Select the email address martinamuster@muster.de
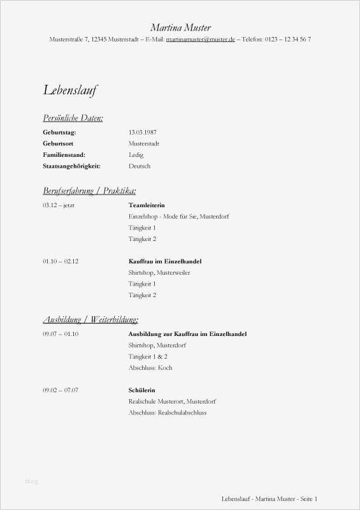pyautogui.click(x=200, y=40)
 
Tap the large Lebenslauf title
pyautogui.click(x=70, y=90)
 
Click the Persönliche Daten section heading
pyautogui.click(x=73, y=118)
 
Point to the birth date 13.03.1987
pyautogui.click(x=143, y=132)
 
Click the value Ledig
pyautogui.click(x=136, y=155)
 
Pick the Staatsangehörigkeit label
pyautogui.click(x=71, y=166)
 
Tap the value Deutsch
pyautogui.click(x=139, y=166)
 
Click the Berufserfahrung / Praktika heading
pyautogui.click(x=89, y=191)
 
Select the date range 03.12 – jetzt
pyautogui.click(x=59, y=205)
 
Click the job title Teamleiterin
pyautogui.click(x=147, y=205)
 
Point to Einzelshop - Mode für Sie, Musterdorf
pyautogui.click(x=178, y=217)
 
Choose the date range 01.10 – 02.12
pyautogui.click(x=61, y=261)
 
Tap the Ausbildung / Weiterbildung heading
pyautogui.click(x=90, y=319)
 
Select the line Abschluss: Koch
pyautogui.click(x=150, y=368)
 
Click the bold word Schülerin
pyautogui.click(x=141, y=390)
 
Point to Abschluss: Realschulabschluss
pyautogui.click(x=167, y=412)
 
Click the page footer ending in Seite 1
pyautogui.click(x=269, y=499)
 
